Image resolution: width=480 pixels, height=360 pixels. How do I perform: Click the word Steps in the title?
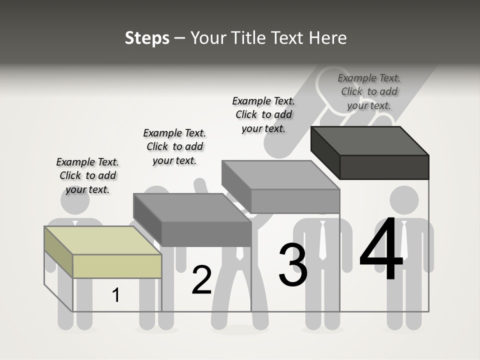pos(146,38)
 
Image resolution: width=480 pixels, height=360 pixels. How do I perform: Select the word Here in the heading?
pos(327,38)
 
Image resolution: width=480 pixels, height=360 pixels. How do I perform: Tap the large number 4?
pos(381,249)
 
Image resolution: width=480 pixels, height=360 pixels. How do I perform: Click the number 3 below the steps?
pos(292,264)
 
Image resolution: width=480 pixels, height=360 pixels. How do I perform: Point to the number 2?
pos(201,280)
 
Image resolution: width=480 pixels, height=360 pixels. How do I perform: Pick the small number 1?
pos(115,295)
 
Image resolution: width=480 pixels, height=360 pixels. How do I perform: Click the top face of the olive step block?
pos(102,240)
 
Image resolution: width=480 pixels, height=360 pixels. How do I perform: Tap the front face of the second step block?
pos(206,234)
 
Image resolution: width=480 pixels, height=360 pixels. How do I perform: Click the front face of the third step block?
pos(295,201)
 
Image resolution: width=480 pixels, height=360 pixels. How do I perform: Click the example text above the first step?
pos(87,175)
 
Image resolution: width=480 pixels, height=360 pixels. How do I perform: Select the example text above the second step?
pos(174,146)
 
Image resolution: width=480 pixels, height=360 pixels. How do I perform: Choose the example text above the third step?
pos(263,114)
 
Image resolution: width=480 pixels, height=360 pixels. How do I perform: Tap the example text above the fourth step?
pos(369,91)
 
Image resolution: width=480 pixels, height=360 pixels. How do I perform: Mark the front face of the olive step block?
pos(117,266)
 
